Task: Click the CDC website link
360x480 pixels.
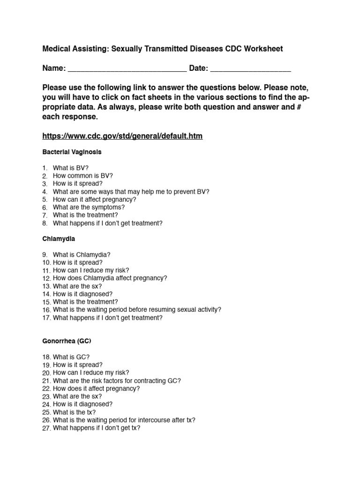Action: (122, 136)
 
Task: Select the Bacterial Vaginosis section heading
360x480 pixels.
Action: (72, 152)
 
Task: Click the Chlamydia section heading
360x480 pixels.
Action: (59, 239)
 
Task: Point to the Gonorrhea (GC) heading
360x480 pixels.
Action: (67, 341)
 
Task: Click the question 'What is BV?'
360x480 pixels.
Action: (70, 168)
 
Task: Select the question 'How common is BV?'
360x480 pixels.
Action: (83, 176)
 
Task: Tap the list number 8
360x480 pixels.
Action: (45, 224)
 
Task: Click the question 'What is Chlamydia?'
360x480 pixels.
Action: (82, 255)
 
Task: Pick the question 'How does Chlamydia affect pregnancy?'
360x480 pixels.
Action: (110, 278)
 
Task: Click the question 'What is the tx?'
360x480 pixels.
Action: (74, 412)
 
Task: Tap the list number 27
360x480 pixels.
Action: (46, 428)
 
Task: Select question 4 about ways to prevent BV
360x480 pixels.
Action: (131, 192)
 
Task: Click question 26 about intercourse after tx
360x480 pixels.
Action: (124, 420)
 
